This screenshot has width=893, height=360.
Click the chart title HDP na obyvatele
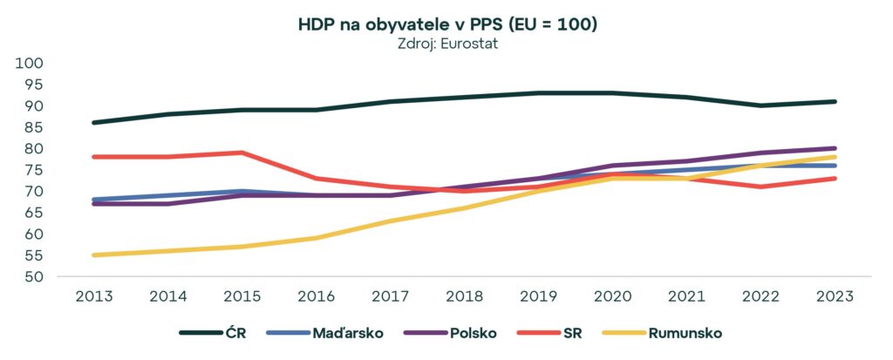click(446, 25)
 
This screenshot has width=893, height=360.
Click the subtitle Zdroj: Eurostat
click(446, 44)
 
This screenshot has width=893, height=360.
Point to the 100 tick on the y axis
click(31, 64)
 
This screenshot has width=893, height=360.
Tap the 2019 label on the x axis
click(538, 295)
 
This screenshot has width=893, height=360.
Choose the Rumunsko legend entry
click(684, 333)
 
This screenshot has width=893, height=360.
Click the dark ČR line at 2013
click(92, 123)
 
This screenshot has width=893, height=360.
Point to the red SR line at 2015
click(241, 153)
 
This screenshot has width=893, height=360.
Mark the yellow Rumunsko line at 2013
click(92, 255)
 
